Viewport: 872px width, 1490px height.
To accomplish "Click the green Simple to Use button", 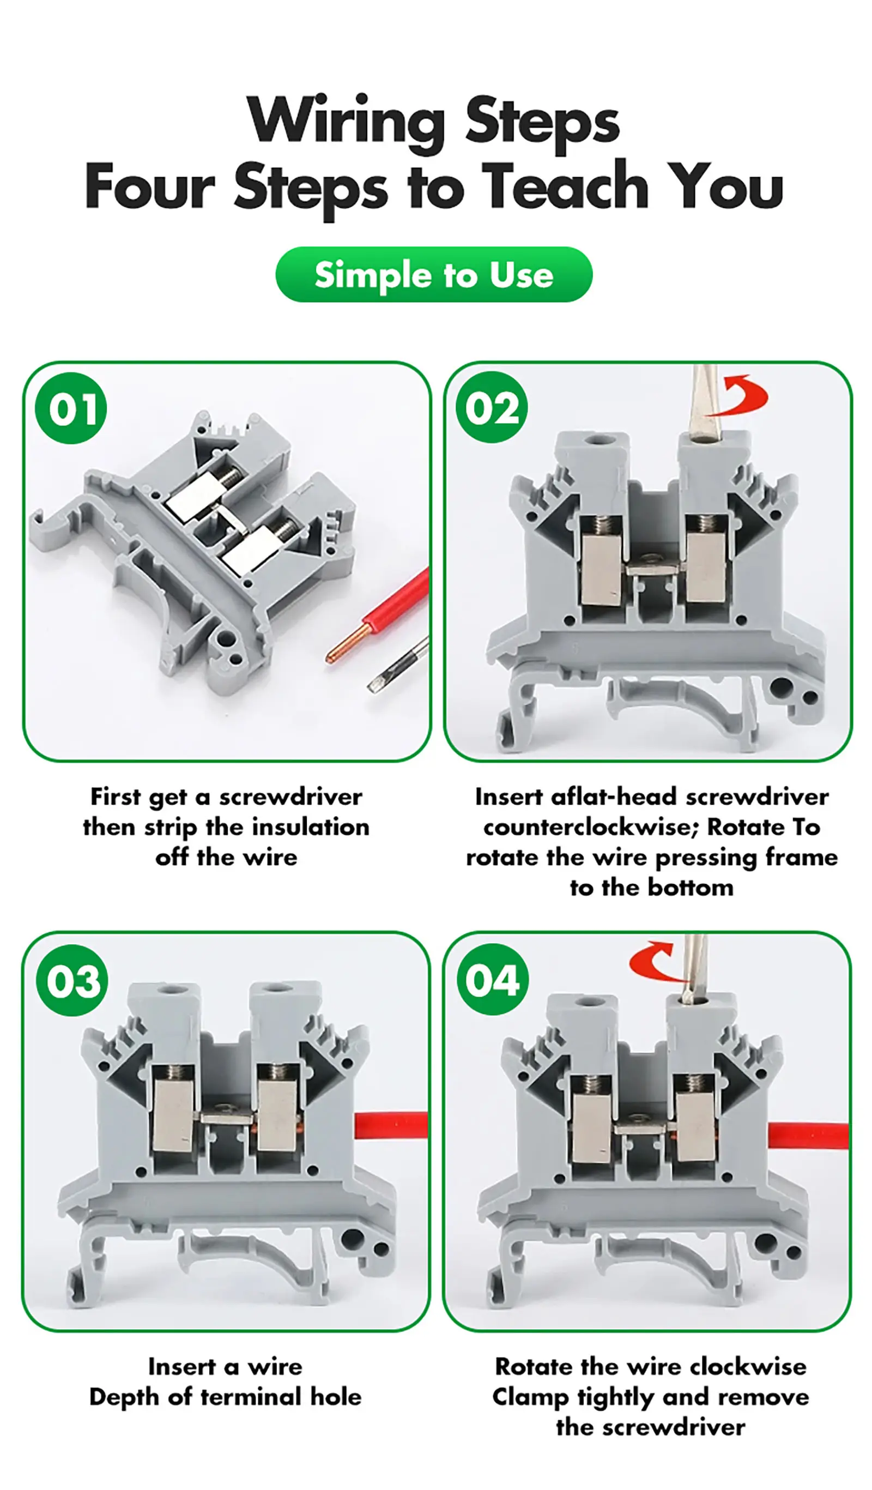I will (x=433, y=274).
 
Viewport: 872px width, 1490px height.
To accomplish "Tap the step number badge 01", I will (x=71, y=408).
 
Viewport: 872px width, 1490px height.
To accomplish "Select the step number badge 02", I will (x=491, y=407).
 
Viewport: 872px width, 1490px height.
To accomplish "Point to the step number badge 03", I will (x=72, y=980).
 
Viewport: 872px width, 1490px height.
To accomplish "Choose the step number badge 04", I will (x=492, y=980).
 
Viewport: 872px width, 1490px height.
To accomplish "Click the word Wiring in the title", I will (x=346, y=121).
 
